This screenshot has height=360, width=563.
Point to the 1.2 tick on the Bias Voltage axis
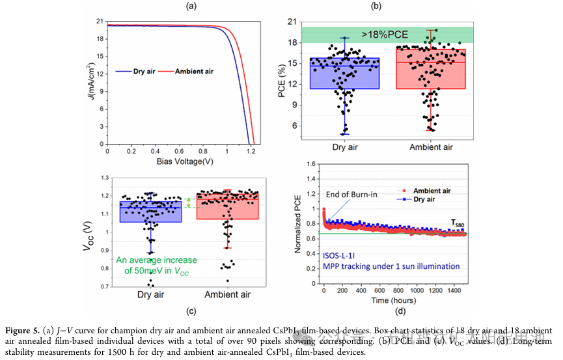pos(251,150)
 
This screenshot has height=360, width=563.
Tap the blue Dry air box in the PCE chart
pos(344,74)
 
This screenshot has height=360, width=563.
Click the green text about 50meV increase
pos(156,265)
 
